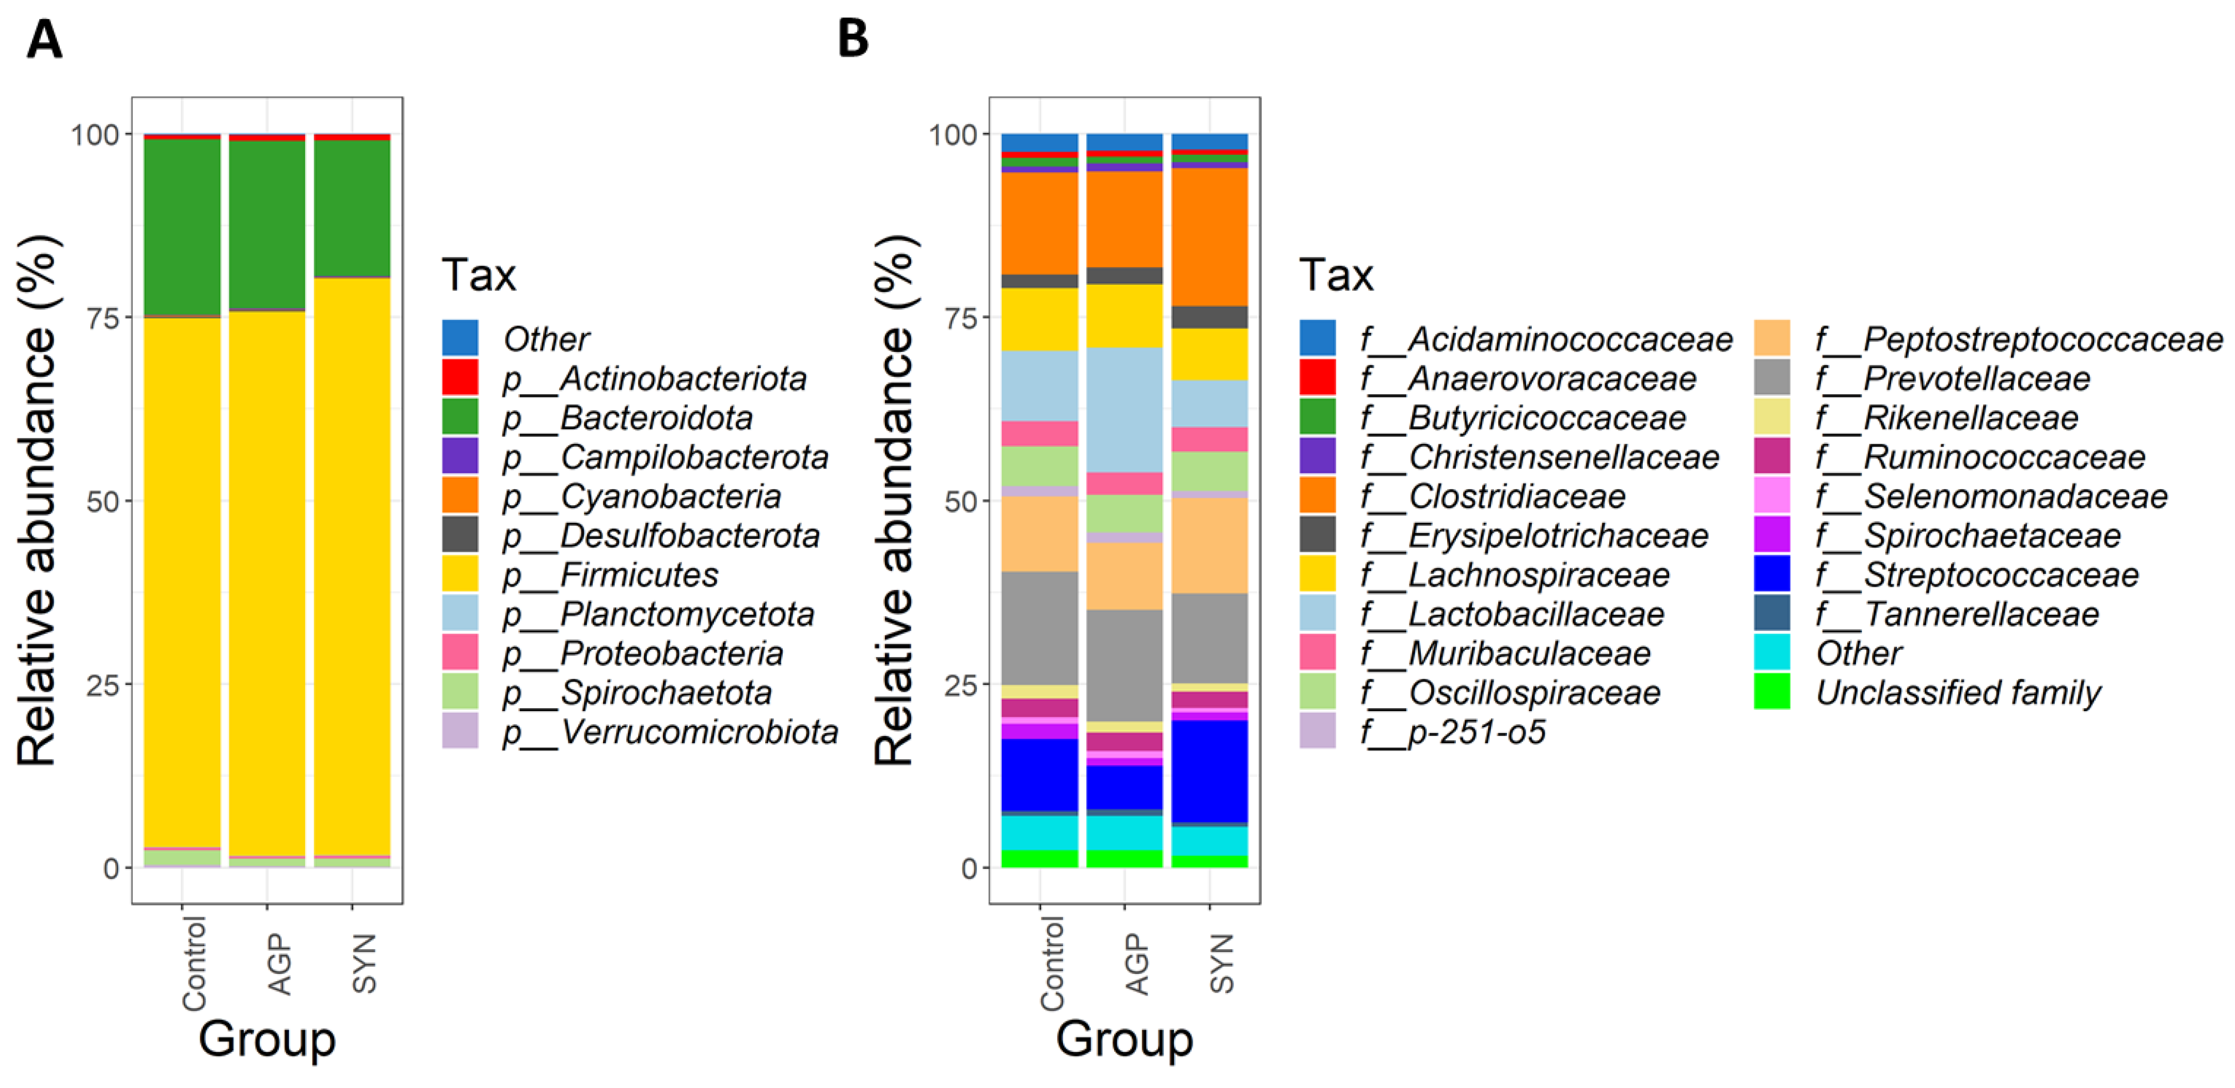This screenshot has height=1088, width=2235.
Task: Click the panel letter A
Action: [44, 40]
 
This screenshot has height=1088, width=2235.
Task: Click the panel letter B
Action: [853, 40]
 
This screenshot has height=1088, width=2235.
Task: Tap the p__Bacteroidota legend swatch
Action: [460, 418]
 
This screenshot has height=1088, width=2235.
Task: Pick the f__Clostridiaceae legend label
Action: [1517, 497]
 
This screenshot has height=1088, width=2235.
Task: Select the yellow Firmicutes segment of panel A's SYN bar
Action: [352, 564]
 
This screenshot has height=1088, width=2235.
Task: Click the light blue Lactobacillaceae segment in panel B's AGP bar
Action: [1124, 409]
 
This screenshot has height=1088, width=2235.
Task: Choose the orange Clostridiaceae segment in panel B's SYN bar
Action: [1210, 236]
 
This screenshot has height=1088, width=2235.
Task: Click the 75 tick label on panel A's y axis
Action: [102, 317]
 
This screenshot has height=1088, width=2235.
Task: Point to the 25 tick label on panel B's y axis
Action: [960, 684]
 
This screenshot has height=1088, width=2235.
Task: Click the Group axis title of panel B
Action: [1124, 1038]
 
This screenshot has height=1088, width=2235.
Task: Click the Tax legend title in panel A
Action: [479, 275]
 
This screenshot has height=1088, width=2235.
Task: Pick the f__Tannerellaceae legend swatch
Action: [1772, 613]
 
